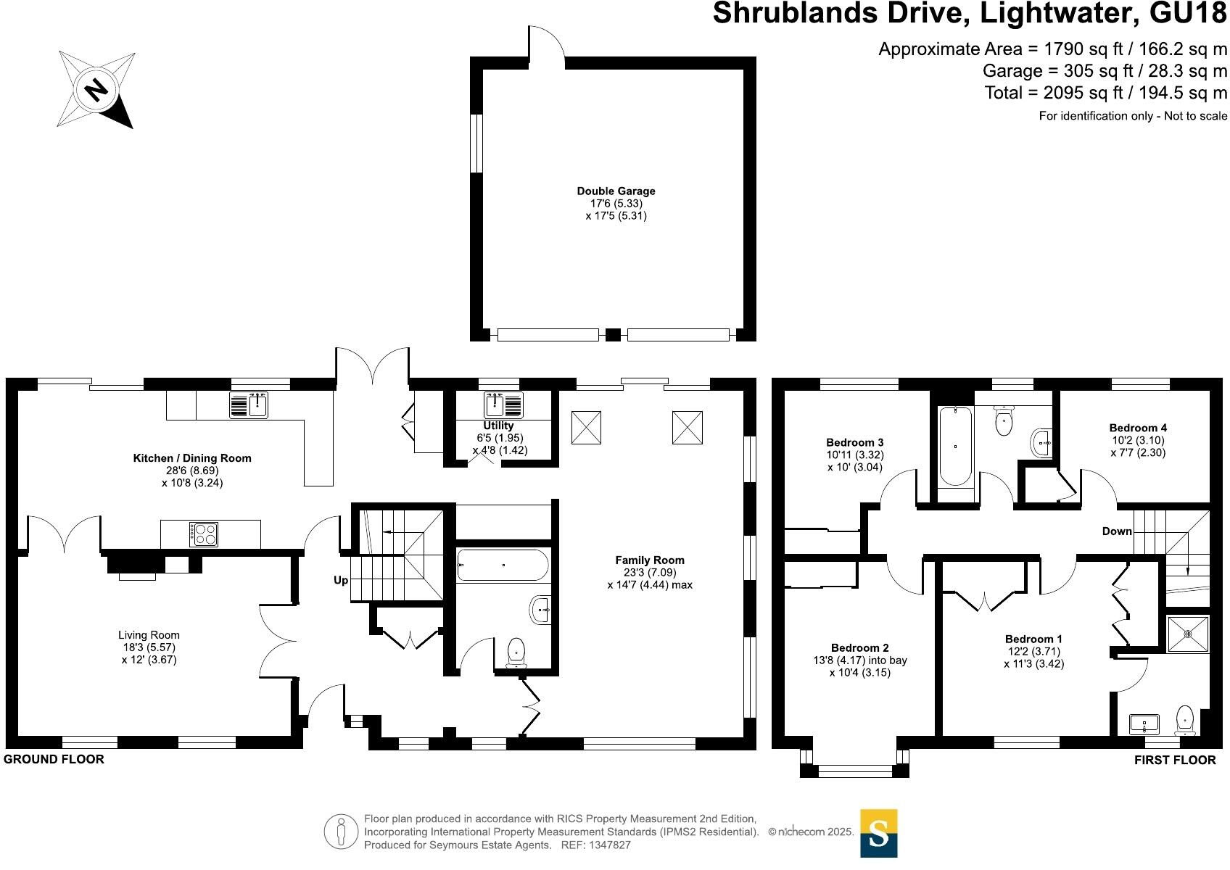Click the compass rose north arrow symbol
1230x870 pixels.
coord(96,90)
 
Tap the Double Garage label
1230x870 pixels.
coord(616,191)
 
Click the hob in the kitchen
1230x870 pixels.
coord(203,534)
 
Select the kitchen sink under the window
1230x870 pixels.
coord(249,405)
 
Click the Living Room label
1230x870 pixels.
coord(150,635)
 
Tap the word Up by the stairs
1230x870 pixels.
coord(341,580)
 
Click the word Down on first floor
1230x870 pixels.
coord(1117,531)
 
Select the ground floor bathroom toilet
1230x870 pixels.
coord(516,652)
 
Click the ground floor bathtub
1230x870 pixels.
coord(503,565)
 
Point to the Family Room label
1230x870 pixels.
coord(650,560)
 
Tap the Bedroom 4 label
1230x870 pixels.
coord(1138,428)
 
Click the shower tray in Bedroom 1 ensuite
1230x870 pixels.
coord(1188,634)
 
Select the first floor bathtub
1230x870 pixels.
coord(956,447)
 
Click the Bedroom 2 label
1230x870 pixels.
coord(860,647)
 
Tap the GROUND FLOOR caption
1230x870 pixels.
coord(54,759)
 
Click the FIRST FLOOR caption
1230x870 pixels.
coord(1175,760)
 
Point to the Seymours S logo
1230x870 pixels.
coord(878,833)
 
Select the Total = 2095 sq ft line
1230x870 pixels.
coord(1105,93)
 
